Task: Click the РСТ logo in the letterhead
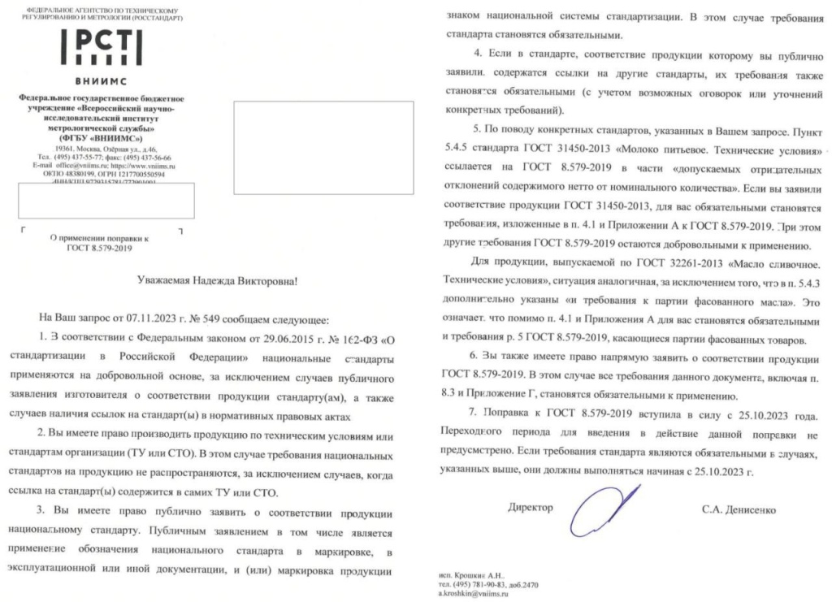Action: [x=102, y=48]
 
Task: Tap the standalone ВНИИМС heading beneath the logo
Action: [x=102, y=83]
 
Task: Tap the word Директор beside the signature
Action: [x=530, y=508]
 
